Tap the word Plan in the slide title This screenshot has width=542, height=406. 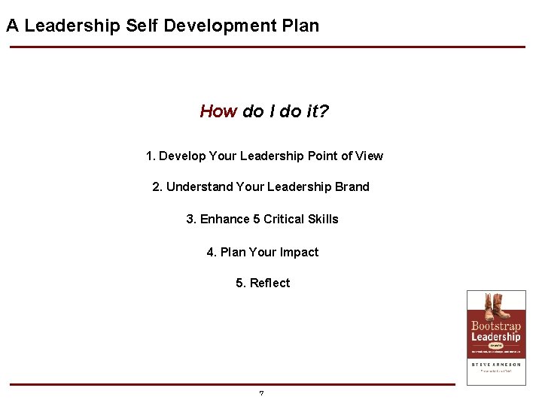tap(300, 26)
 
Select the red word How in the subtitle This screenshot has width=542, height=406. tap(218, 112)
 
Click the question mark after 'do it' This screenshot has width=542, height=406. tap(324, 112)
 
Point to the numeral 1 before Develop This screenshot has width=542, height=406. tap(150, 156)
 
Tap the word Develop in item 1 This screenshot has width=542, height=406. tap(181, 156)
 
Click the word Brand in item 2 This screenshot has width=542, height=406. tap(352, 186)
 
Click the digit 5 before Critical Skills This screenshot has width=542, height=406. tap(257, 219)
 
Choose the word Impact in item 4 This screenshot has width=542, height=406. tap(300, 252)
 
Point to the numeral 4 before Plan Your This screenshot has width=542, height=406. tap(211, 252)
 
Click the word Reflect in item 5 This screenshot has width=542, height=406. tap(269, 283)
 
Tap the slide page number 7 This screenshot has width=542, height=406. tap(261, 393)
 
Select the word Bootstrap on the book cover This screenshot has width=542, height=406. tap(495, 326)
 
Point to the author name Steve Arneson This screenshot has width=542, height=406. tap(495, 364)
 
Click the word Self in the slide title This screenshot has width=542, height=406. tap(142, 26)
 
